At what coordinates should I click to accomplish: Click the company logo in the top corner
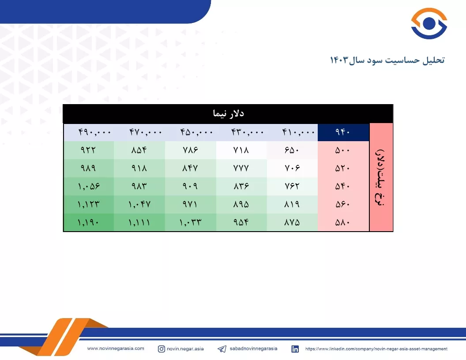pos(429,23)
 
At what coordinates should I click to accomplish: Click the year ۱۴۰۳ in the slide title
pos(339,60)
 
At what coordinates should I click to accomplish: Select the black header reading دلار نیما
pos(228,113)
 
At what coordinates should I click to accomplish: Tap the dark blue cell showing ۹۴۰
pos(343,132)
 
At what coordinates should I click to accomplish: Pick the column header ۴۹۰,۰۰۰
pos(94,132)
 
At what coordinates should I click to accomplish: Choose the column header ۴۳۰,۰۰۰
pos(247,132)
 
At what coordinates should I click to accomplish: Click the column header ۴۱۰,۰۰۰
pos(298,132)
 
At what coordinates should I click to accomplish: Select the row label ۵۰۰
pos(342,150)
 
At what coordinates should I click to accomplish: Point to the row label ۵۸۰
pos(342,222)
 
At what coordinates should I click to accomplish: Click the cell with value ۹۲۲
pos(88,150)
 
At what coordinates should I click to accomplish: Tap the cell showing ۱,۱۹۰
pos(88,222)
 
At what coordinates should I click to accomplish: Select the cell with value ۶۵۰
pos(292,150)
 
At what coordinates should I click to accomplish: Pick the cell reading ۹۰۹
pos(190,186)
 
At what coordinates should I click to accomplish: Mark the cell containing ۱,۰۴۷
pos(139,204)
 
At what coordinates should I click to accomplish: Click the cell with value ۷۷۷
pos(241,168)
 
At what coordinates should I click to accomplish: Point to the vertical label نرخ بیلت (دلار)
pos(381,177)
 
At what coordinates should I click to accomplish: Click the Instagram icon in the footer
pos(162,349)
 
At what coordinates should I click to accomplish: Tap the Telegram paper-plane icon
pos(222,349)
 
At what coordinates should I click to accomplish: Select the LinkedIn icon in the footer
pos(295,349)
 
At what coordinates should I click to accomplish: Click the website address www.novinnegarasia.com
pos(116,349)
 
